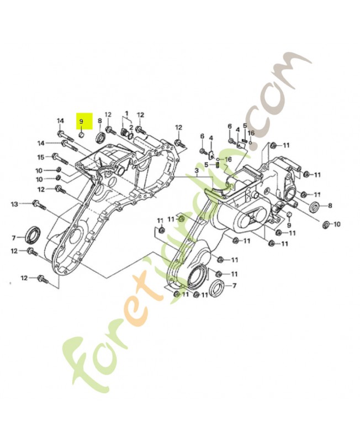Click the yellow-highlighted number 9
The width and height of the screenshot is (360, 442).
[x=81, y=120]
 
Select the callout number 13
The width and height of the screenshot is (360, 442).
[x=14, y=204]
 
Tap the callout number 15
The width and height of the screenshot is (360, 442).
[x=40, y=156]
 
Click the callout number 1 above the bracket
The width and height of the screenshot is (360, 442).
[x=126, y=112]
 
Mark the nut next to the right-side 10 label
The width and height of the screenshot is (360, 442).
[x=325, y=224]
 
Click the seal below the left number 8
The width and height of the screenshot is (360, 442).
[x=100, y=136]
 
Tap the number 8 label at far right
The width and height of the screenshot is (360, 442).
[x=330, y=206]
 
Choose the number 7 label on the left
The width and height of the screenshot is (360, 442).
[x=14, y=238]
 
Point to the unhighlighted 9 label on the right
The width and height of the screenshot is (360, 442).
[x=288, y=225]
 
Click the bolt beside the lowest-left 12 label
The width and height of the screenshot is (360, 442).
[x=42, y=279]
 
